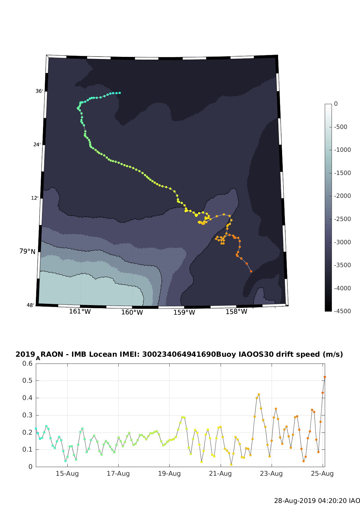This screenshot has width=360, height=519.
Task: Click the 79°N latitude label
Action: tap(27, 251)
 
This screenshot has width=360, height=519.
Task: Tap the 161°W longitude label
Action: tap(80, 311)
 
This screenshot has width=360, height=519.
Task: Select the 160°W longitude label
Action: tap(132, 312)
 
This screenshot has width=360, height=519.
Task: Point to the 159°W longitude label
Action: tap(184, 312)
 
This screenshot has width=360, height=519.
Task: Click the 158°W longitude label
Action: tap(236, 312)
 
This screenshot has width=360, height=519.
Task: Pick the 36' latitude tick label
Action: tap(39, 91)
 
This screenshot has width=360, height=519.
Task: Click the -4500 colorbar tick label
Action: tap(342, 311)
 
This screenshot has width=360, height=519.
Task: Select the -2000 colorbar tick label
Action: tap(342, 196)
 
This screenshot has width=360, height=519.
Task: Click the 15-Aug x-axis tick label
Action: tap(67, 474)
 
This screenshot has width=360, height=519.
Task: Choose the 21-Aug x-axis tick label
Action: tap(220, 474)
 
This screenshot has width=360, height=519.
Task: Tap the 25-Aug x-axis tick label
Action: tap(322, 474)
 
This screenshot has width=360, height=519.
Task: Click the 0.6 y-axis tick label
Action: tap(28, 364)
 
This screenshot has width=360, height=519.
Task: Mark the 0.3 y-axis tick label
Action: tap(28, 415)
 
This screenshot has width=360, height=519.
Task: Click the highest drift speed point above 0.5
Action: tap(325, 377)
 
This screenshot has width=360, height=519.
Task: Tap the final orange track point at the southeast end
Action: tap(251, 271)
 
